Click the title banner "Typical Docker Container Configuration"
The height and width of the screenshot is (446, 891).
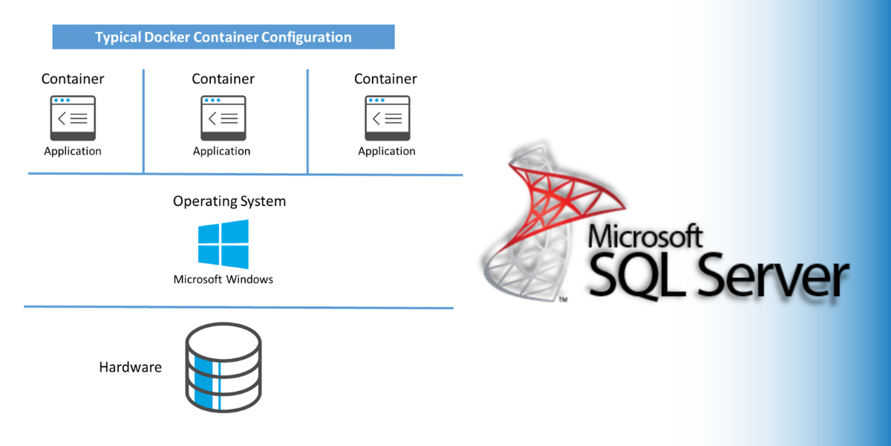click(223, 36)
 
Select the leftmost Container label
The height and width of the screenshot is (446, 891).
click(73, 79)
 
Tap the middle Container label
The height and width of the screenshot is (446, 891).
click(223, 79)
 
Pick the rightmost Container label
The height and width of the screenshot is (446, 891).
click(385, 79)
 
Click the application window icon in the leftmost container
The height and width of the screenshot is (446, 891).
click(73, 117)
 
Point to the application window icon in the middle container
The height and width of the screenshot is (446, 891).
click(222, 117)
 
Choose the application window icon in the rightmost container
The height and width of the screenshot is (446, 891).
click(387, 117)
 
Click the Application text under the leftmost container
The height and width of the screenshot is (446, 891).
click(73, 151)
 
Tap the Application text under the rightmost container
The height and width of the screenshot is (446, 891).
click(387, 151)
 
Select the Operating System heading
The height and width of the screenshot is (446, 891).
click(229, 201)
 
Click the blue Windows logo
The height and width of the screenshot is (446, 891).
click(223, 244)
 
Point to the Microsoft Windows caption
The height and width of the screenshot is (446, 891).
click(223, 279)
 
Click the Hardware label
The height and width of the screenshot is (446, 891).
click(131, 367)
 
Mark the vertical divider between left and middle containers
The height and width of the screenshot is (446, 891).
click(143, 121)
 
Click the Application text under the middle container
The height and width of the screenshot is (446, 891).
click(222, 151)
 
